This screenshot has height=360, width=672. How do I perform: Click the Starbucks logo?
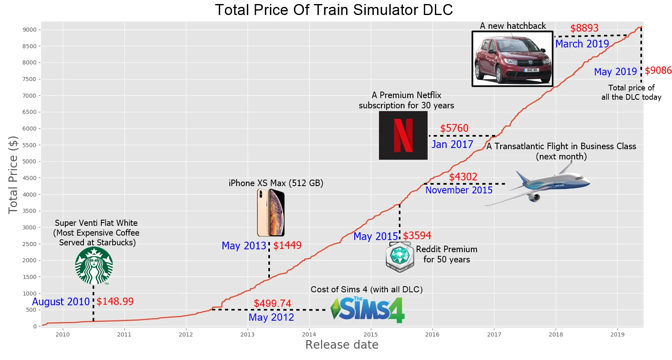pos(94,266)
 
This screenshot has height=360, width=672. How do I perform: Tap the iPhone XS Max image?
pos(271,212)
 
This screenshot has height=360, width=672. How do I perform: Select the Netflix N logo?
pos(403,135)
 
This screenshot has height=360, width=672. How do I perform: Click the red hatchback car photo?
pos(512,59)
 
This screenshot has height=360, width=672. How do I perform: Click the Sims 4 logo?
pos(368,310)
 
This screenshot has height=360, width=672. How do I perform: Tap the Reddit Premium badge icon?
pos(400,257)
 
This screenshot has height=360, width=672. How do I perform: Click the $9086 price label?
pos(658,71)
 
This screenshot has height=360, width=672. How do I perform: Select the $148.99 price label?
pos(115,301)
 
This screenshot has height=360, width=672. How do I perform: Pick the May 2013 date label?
pos(244,246)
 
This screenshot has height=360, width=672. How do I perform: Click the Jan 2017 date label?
pos(452,144)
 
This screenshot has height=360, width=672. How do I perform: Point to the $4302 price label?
pos(463,177)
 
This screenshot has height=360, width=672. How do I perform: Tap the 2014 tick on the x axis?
pos(309,334)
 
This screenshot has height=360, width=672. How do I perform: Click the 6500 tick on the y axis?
pos(29,112)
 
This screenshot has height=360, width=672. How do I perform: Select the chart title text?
pos(334,10)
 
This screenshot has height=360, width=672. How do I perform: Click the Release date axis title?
pos(342,345)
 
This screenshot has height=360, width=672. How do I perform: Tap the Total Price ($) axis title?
pos(13,175)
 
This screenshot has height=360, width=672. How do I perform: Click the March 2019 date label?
pos(582,44)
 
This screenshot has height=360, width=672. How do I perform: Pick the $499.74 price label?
pos(272,303)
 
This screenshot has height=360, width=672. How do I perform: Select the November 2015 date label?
pos(459,190)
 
